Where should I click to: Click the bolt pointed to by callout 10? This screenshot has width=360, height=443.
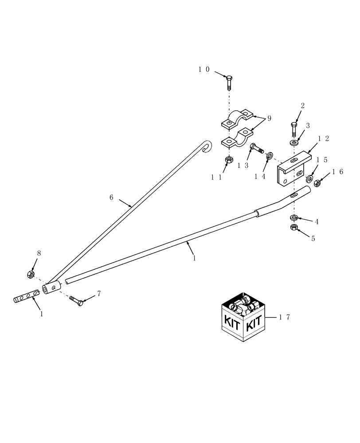(x=229, y=82)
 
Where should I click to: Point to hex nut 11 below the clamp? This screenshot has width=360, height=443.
(x=229, y=159)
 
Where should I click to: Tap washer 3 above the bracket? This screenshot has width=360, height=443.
(x=294, y=142)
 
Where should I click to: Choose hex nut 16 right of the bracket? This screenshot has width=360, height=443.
(x=318, y=183)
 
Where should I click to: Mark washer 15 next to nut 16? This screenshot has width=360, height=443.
(x=309, y=179)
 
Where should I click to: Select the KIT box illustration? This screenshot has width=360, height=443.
(x=243, y=317)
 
